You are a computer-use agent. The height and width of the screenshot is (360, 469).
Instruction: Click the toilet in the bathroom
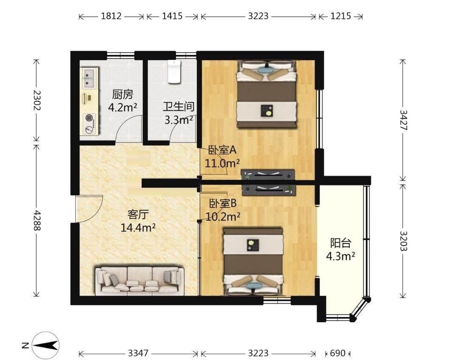tap(174, 72)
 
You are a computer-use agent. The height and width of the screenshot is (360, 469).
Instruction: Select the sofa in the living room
tap(140, 279)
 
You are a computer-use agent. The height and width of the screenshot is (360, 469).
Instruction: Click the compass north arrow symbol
tap(45, 346)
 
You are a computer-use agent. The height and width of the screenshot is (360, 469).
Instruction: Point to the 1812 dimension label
tap(111, 16)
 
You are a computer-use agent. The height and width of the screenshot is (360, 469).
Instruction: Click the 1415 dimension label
tap(172, 16)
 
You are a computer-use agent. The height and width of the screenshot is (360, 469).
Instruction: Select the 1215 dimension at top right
tap(341, 16)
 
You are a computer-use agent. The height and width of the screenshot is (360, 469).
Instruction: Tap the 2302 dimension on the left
tap(36, 100)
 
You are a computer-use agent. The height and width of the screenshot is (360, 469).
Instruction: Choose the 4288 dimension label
tap(36, 220)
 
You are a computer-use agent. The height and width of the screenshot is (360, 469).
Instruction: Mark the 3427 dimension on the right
tap(403, 120)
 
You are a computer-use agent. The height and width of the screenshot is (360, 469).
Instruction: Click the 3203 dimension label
tap(403, 241)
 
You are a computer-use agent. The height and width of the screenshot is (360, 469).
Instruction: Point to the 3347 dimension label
tap(138, 353)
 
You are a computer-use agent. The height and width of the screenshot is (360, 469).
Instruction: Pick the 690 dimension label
tap(338, 353)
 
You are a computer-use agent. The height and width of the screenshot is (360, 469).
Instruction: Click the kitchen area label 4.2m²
tap(122, 107)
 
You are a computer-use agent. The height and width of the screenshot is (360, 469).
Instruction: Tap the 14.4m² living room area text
tap(138, 228)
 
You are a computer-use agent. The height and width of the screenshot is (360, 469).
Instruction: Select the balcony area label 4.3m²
tap(341, 256)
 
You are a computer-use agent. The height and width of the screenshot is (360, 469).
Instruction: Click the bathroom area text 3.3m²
tap(179, 120)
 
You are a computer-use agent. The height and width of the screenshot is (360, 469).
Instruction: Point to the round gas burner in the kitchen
tap(89, 118)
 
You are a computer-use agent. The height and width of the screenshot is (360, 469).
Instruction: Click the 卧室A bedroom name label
tap(222, 150)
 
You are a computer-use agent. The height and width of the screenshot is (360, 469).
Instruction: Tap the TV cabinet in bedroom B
tap(268, 190)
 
